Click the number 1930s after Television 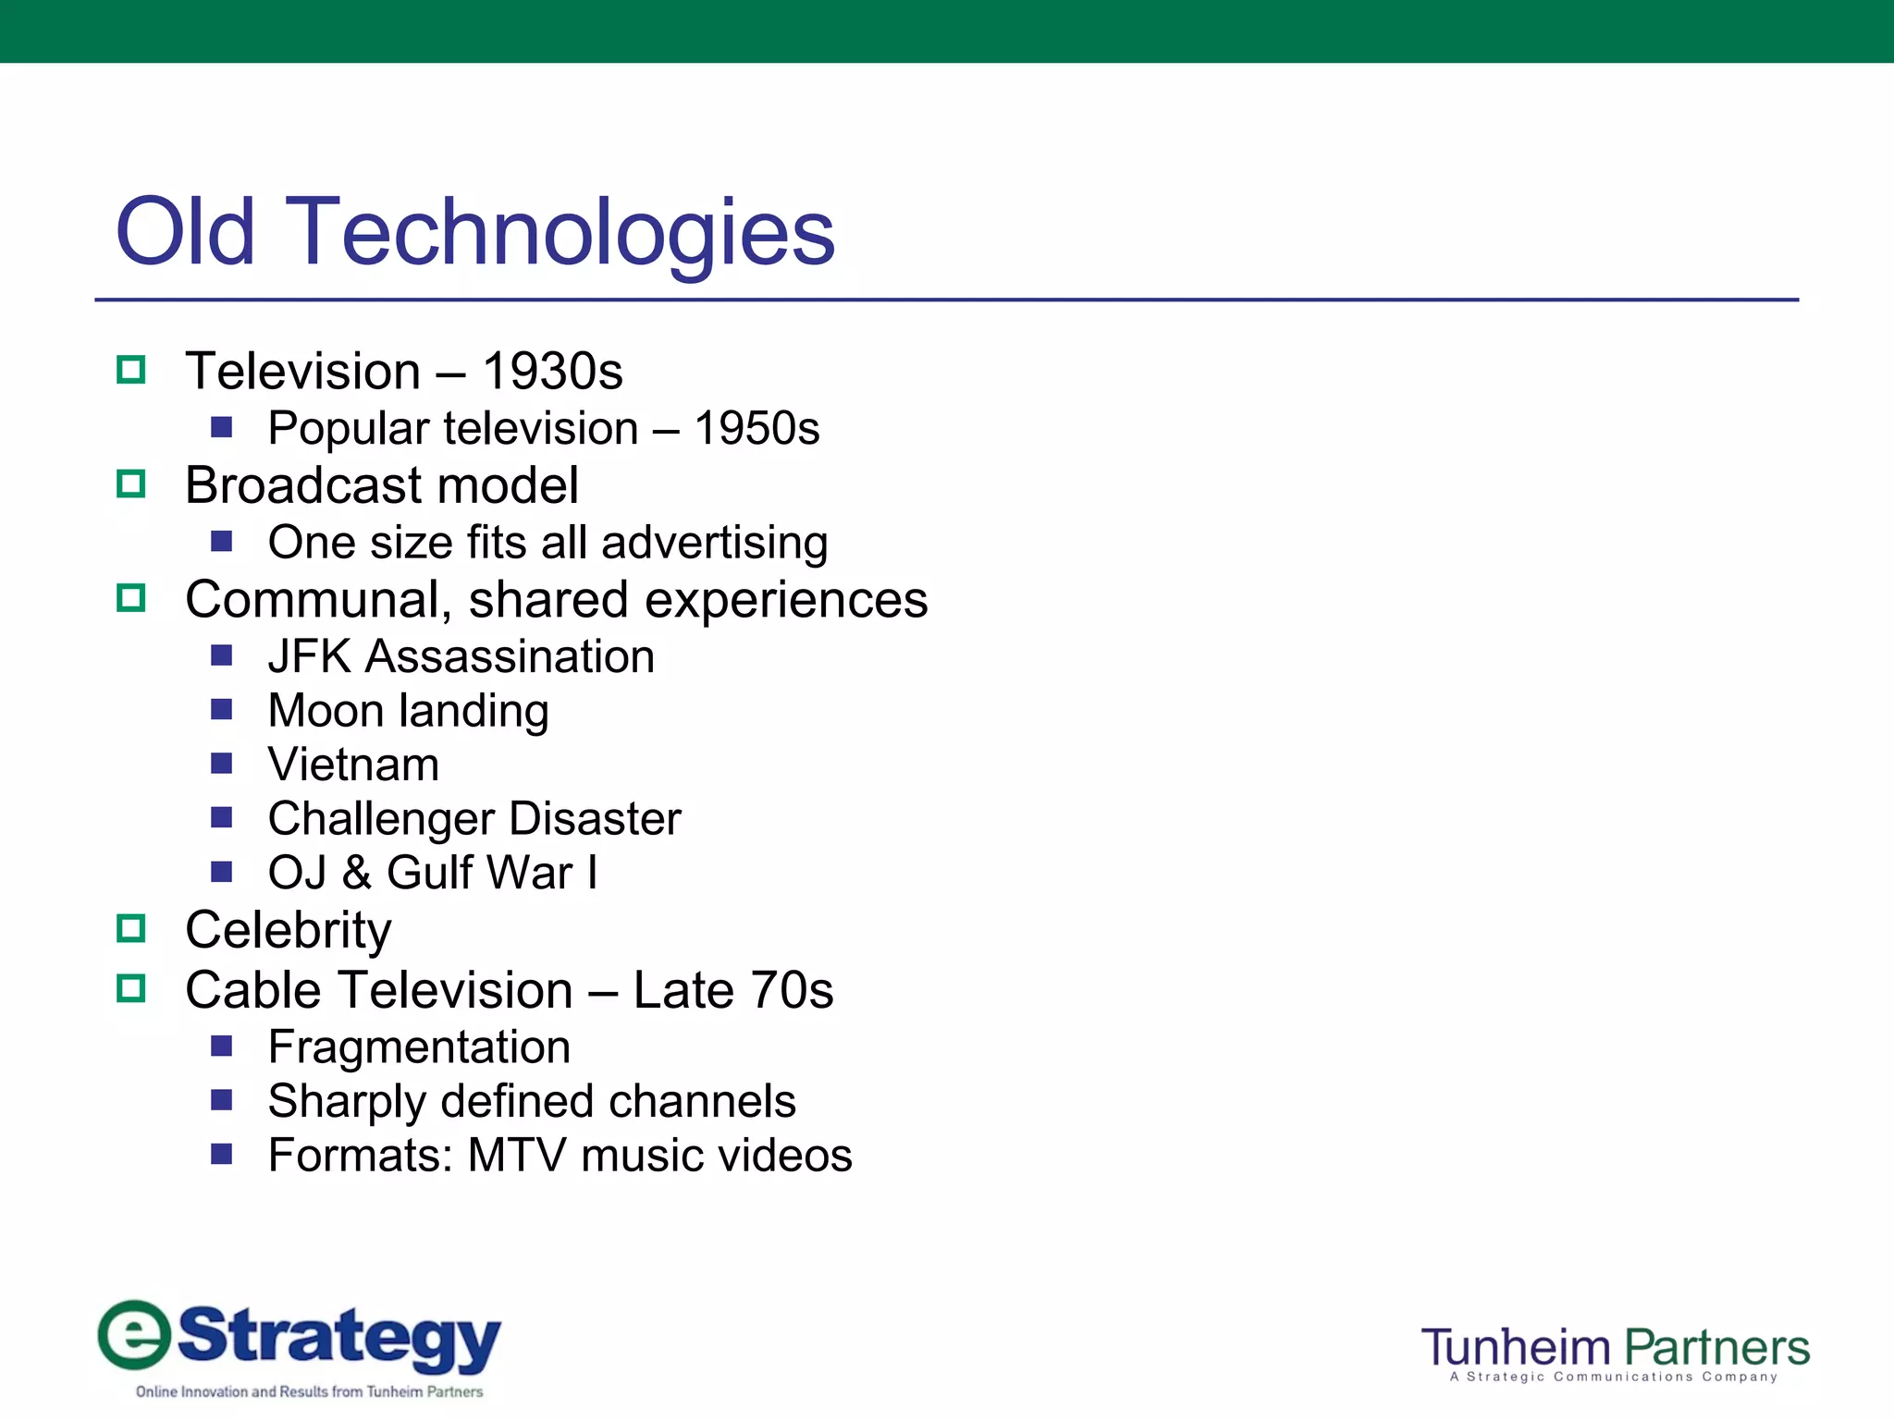point(552,372)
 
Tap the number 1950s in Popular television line point(756,429)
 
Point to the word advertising point(714,543)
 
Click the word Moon point(326,711)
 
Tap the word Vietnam point(353,765)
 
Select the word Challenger point(381,819)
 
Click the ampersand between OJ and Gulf point(357,873)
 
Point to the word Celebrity point(288,930)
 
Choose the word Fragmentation point(419,1047)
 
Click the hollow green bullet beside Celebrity point(131,928)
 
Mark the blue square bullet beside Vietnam point(221,764)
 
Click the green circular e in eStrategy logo point(135,1334)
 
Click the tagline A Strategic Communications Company point(1614,1377)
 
